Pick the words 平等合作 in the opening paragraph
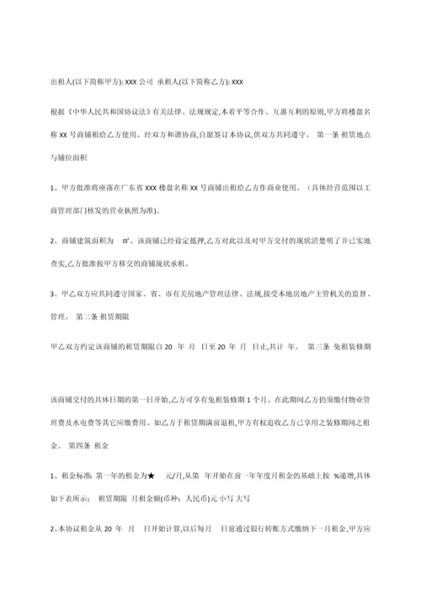237,113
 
